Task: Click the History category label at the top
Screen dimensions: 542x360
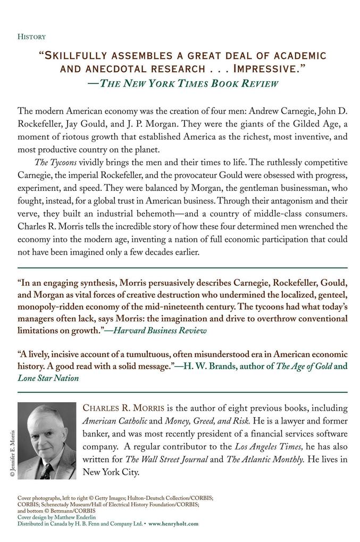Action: click(31, 37)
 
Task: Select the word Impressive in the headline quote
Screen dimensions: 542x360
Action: click(268, 69)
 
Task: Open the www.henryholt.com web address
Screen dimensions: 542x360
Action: click(173, 523)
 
